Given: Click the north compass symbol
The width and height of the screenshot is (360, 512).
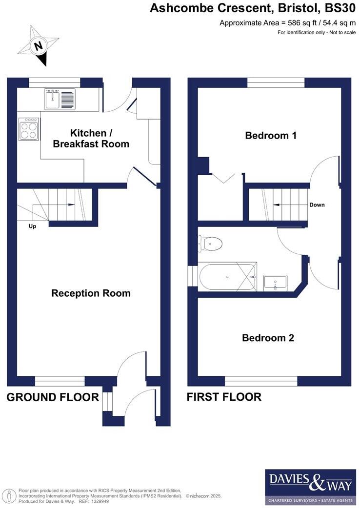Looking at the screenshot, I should tap(38, 46).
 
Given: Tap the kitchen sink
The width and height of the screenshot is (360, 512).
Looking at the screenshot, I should tap(60, 100).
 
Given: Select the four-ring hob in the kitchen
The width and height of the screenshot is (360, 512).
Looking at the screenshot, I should tap(29, 129).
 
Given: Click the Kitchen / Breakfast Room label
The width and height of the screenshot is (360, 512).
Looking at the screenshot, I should tap(91, 138).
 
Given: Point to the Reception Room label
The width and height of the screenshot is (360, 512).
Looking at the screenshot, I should tap(91, 293).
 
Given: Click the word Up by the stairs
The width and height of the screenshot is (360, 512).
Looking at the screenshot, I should tap(32, 226).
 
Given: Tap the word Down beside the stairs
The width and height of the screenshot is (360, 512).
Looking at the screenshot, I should tap(317, 205).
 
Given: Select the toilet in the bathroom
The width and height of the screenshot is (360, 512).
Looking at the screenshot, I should tap(211, 243).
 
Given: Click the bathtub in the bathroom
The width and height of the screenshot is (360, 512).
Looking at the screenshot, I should tap(228, 277).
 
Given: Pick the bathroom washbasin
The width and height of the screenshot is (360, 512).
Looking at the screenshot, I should tap(276, 282).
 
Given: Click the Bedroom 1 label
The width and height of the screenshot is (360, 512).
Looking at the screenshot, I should tap(270, 136).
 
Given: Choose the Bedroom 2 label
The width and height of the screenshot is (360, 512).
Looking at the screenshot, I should tap(268, 338).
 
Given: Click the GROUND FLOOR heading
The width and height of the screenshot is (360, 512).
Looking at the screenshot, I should tap(53, 397).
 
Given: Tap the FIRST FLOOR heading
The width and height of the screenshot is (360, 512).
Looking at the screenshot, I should tap(224, 397).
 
